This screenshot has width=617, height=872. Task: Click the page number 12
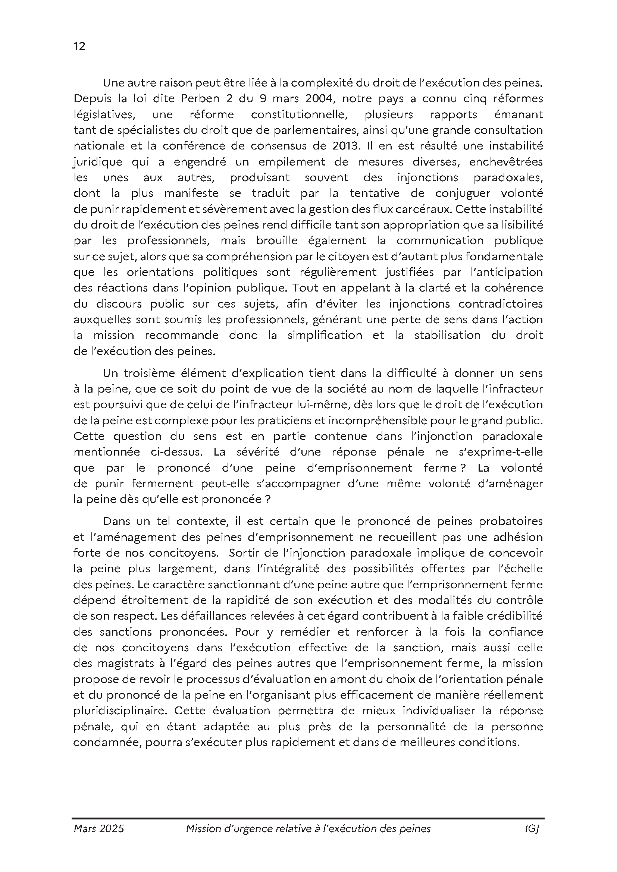79,46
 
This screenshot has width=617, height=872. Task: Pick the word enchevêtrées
506,162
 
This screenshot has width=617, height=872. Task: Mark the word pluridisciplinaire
118,711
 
